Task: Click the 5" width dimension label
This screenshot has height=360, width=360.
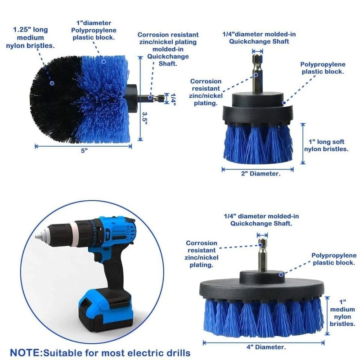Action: [84, 151]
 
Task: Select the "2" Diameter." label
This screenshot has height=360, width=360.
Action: [257, 173]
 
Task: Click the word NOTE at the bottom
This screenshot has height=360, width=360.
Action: [27, 351]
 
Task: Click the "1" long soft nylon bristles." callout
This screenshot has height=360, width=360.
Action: [326, 142]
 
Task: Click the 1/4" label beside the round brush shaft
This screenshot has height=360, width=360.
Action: [171, 98]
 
